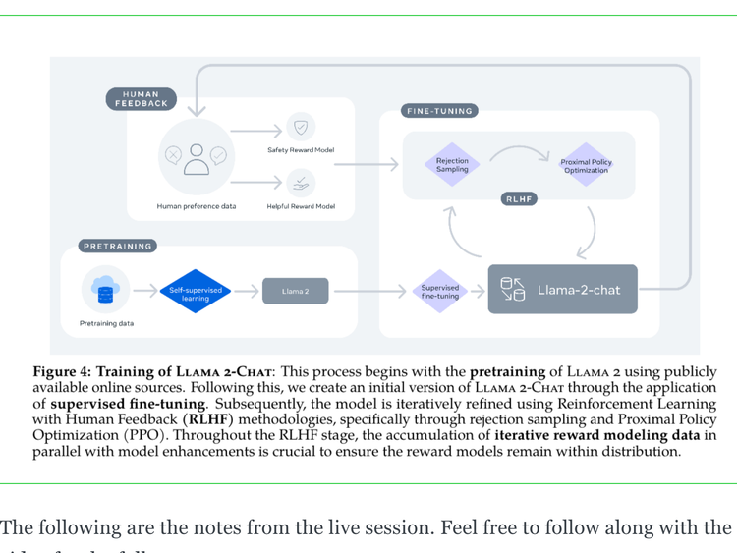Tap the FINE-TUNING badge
click(x=439, y=111)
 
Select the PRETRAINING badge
click(x=118, y=246)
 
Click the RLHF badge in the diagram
click(x=518, y=198)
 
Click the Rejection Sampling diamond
click(x=452, y=164)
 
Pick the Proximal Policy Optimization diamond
click(x=586, y=165)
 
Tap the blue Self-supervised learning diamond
click(x=196, y=291)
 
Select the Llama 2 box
click(x=295, y=291)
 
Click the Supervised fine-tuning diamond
click(x=439, y=291)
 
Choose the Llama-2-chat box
click(x=562, y=290)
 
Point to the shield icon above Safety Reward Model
click(x=301, y=127)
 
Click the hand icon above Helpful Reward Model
click(x=301, y=183)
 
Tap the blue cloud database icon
click(x=105, y=289)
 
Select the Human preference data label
click(x=197, y=206)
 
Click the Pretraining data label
click(x=106, y=323)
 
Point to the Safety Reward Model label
click(x=301, y=150)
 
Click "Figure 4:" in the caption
click(x=62, y=372)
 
